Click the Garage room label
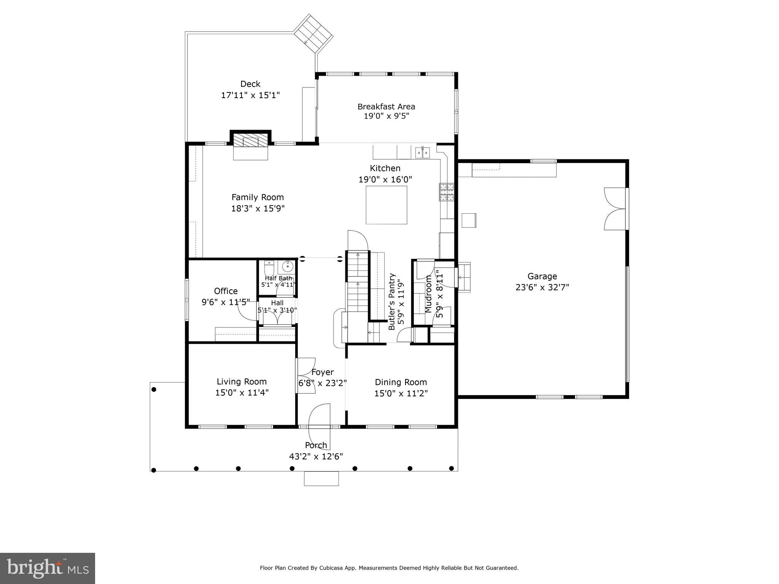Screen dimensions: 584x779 [x=542, y=276]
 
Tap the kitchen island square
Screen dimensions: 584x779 [x=386, y=205]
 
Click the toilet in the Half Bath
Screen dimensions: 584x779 [x=269, y=268]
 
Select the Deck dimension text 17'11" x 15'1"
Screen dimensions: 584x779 [x=250, y=95]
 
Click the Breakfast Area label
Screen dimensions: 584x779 [x=386, y=106]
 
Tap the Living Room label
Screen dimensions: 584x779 [x=242, y=381]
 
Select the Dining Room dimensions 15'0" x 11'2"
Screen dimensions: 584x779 [x=401, y=394]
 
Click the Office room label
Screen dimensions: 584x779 [x=226, y=291]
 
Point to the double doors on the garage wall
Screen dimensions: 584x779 [x=615, y=208]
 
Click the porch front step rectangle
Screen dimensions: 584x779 [x=321, y=478]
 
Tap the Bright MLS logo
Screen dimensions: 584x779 [x=48, y=568]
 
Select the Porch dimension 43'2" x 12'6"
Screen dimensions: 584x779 [x=316, y=456]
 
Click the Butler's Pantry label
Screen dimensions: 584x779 [x=392, y=302]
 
